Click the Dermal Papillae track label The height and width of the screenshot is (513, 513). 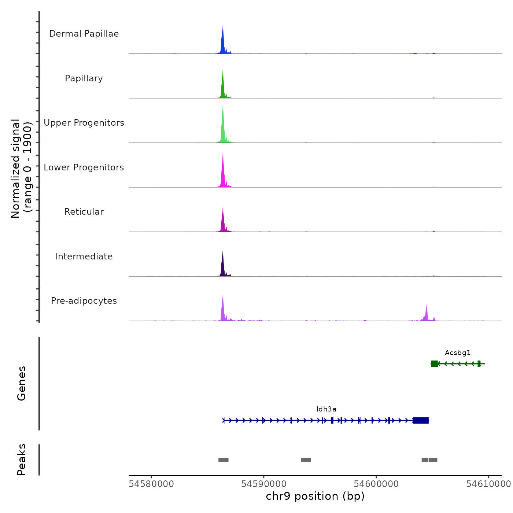pyautogui.click(x=84, y=34)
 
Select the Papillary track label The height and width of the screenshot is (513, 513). pyautogui.click(x=84, y=78)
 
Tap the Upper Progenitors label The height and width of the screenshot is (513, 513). pyautogui.click(x=84, y=123)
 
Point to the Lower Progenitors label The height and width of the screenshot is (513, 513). pyautogui.click(x=84, y=167)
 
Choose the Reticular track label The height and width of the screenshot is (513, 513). pyautogui.click(x=84, y=212)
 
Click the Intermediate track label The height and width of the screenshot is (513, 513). pyautogui.click(x=84, y=256)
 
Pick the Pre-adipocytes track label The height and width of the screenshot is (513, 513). pyautogui.click(x=84, y=301)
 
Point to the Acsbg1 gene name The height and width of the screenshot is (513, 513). pyautogui.click(x=458, y=353)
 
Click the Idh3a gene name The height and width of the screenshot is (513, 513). pyautogui.click(x=326, y=409)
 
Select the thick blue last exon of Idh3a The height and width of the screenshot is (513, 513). pyautogui.click(x=421, y=420)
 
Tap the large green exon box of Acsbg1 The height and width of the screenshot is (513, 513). pyautogui.click(x=434, y=363)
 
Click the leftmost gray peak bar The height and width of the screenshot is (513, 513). pyautogui.click(x=224, y=460)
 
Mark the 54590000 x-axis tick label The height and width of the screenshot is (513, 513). pyautogui.click(x=264, y=484)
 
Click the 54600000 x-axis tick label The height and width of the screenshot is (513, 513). pyautogui.click(x=376, y=484)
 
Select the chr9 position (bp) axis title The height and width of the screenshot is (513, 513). pyautogui.click(x=315, y=496)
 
